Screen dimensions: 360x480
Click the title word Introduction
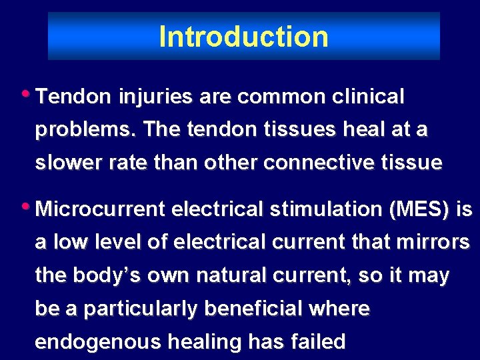coord(243,37)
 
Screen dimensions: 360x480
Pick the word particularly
coord(141,309)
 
